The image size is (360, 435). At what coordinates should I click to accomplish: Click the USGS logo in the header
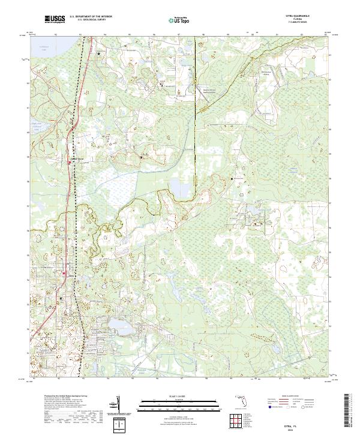coord(55,20)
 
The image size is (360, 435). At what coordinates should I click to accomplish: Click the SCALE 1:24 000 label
coord(178,397)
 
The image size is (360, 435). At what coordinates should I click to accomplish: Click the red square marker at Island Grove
coord(67,160)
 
